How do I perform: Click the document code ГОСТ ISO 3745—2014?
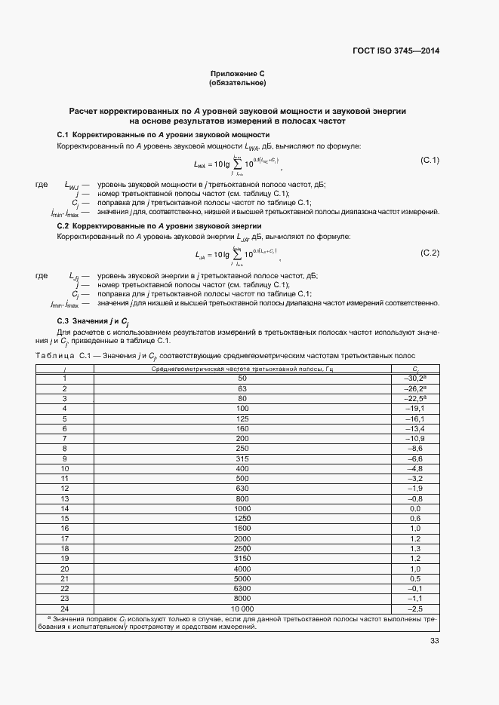pyautogui.click(x=396, y=51)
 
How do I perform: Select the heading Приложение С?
pyautogui.click(x=237, y=74)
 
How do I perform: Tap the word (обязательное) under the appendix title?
pyautogui.click(x=237, y=83)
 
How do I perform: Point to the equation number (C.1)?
pyautogui.click(x=430, y=161)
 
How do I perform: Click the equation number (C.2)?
pyautogui.click(x=430, y=252)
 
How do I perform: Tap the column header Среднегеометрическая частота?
pyautogui.click(x=242, y=368)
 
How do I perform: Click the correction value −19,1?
pyautogui.click(x=414, y=408)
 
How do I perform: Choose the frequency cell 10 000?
pyautogui.click(x=242, y=608)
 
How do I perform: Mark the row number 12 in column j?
pyautogui.click(x=65, y=489)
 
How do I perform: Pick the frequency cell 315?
pyautogui.click(x=242, y=458)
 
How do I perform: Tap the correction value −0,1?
pyautogui.click(x=414, y=587)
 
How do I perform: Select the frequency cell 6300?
pyautogui.click(x=242, y=587)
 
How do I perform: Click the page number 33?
pyautogui.click(x=434, y=641)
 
